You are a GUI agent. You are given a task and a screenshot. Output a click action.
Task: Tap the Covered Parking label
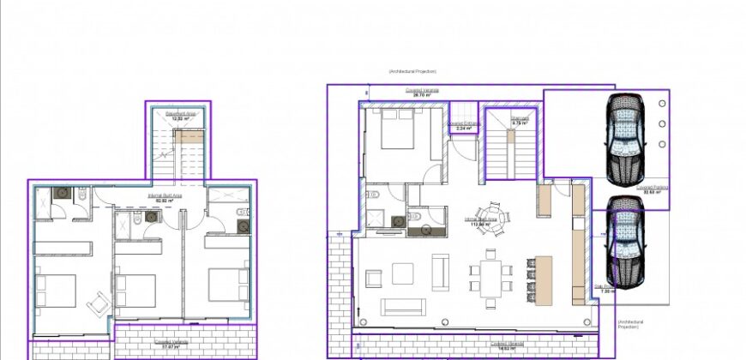pos(652,189)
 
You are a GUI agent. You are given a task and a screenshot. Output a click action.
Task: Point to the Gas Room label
pos(605,288)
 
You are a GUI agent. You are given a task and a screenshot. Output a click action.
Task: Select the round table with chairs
pos(492,215)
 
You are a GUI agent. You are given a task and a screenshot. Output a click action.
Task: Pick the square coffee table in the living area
pos(403,273)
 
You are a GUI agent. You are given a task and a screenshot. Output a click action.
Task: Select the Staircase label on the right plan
pos(496,121)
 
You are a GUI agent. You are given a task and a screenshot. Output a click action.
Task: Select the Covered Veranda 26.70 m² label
pos(422,91)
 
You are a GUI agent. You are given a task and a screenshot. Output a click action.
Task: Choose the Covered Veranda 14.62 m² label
pos(505,347)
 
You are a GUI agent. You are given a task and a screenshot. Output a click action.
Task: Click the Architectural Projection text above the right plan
pos(412,71)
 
